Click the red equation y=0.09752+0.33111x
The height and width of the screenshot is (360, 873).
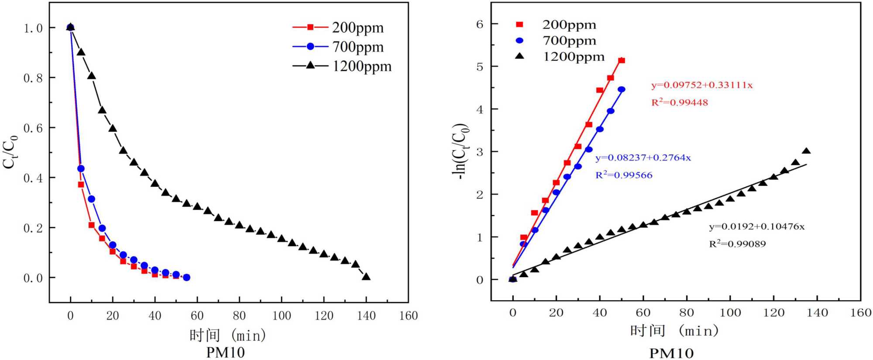pyautogui.click(x=702, y=85)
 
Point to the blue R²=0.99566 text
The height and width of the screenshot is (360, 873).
pyautogui.click(x=624, y=175)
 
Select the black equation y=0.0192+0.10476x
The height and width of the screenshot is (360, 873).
pyautogui.click(x=756, y=226)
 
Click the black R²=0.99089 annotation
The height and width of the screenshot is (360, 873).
pyautogui.click(x=737, y=244)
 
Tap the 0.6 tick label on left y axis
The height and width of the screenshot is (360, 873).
pyautogui.click(x=33, y=128)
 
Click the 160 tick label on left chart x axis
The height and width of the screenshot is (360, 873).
pyautogui.click(x=408, y=315)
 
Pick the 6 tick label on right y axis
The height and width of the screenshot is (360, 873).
pyautogui.click(x=480, y=24)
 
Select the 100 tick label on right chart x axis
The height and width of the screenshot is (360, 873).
pyautogui.click(x=730, y=312)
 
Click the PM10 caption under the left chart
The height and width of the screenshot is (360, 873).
pyautogui.click(x=225, y=352)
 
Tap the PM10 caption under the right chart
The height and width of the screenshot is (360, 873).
pyautogui.click(x=671, y=353)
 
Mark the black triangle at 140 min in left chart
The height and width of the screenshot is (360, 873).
pyautogui.click(x=366, y=277)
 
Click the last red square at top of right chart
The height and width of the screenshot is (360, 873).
pyautogui.click(x=622, y=61)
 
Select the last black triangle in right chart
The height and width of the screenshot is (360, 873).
pyautogui.click(x=806, y=151)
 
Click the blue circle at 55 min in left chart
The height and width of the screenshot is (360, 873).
pyautogui.click(x=186, y=278)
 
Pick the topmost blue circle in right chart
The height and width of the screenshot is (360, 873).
pyautogui.click(x=621, y=89)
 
